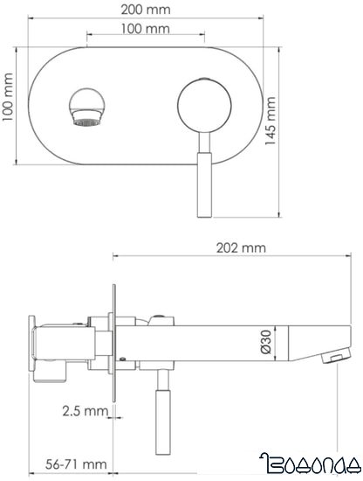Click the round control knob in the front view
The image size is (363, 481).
200,103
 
